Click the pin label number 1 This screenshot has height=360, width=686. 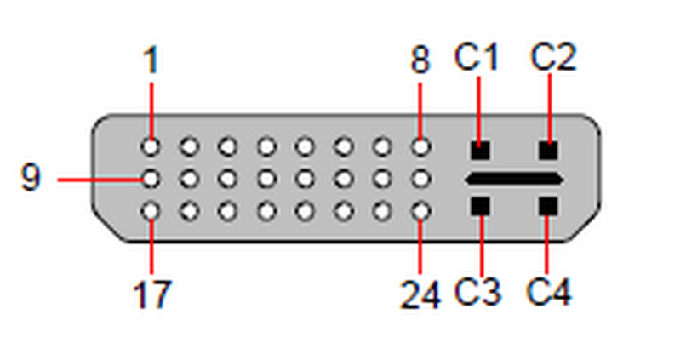point(151,60)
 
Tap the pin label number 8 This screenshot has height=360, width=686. point(420,60)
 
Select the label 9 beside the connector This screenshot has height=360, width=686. point(31,177)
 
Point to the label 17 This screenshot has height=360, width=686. point(151,294)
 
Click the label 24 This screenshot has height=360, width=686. point(420,294)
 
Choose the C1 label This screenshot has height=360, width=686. point(477,56)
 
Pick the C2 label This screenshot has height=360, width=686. point(553,56)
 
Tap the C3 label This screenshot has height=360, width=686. point(477,291)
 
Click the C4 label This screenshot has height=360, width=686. point(549,291)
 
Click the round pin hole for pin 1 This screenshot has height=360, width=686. point(151,147)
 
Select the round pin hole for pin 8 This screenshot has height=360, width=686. point(420,147)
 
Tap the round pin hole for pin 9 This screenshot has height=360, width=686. point(151,179)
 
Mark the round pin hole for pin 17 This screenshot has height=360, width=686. point(151,211)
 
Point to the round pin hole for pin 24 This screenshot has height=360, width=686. point(420,211)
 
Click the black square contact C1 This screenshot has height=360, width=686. point(480,151)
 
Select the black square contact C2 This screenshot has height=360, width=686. point(548,151)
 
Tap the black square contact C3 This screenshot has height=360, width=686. point(480,207)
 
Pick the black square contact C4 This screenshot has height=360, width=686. point(548,207)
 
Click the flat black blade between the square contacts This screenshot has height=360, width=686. point(513,179)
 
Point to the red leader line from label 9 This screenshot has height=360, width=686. point(100,180)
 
